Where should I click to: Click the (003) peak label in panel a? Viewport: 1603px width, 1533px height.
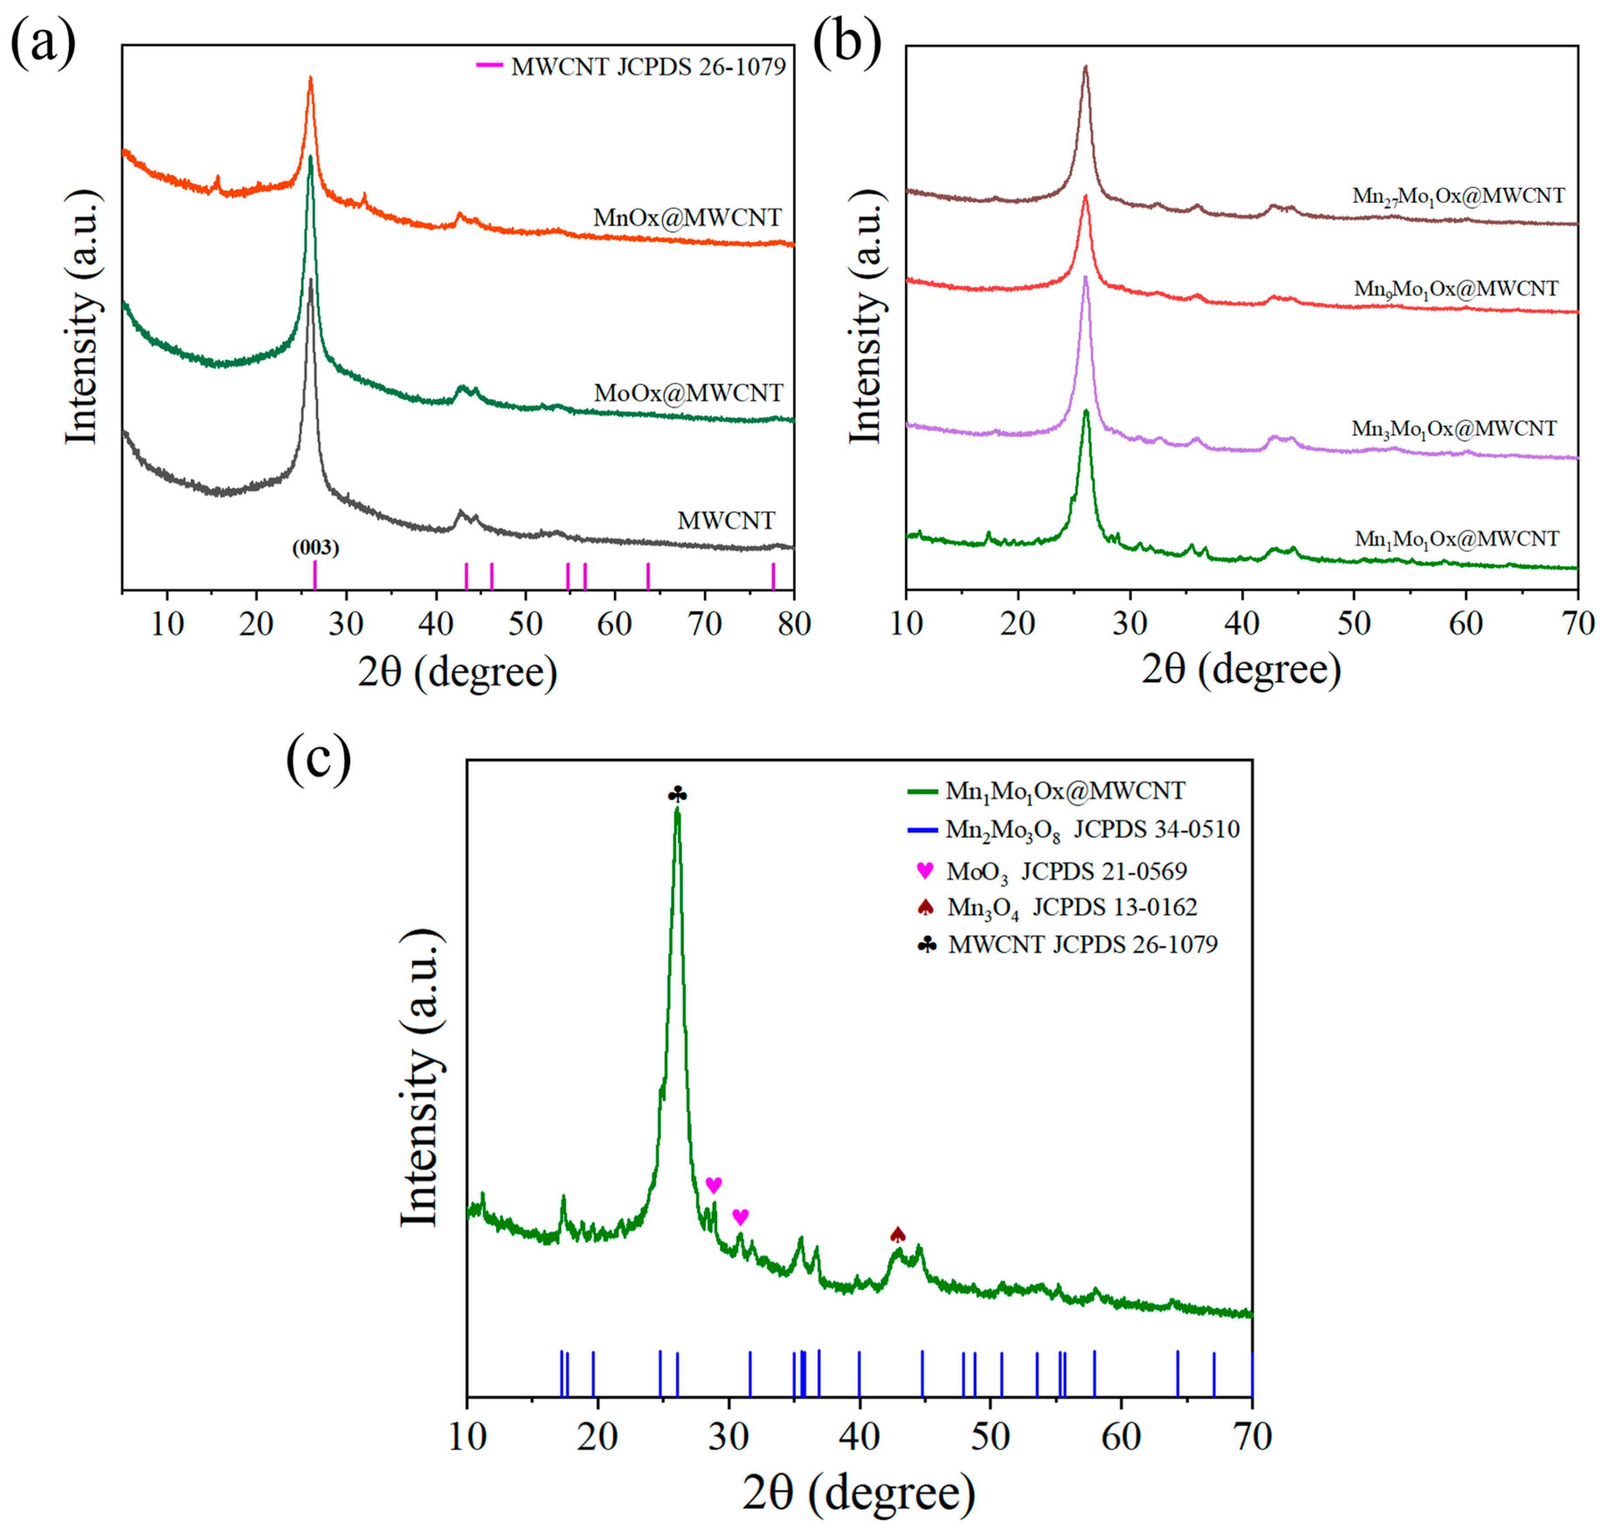[x=315, y=547]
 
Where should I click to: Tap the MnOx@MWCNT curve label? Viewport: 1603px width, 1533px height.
[x=687, y=218]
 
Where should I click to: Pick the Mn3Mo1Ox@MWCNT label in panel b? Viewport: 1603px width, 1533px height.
[x=1454, y=428]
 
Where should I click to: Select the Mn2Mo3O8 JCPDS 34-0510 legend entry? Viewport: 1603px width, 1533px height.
[x=1092, y=830]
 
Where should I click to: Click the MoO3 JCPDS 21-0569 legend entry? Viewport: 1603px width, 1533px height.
[x=1065, y=871]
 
